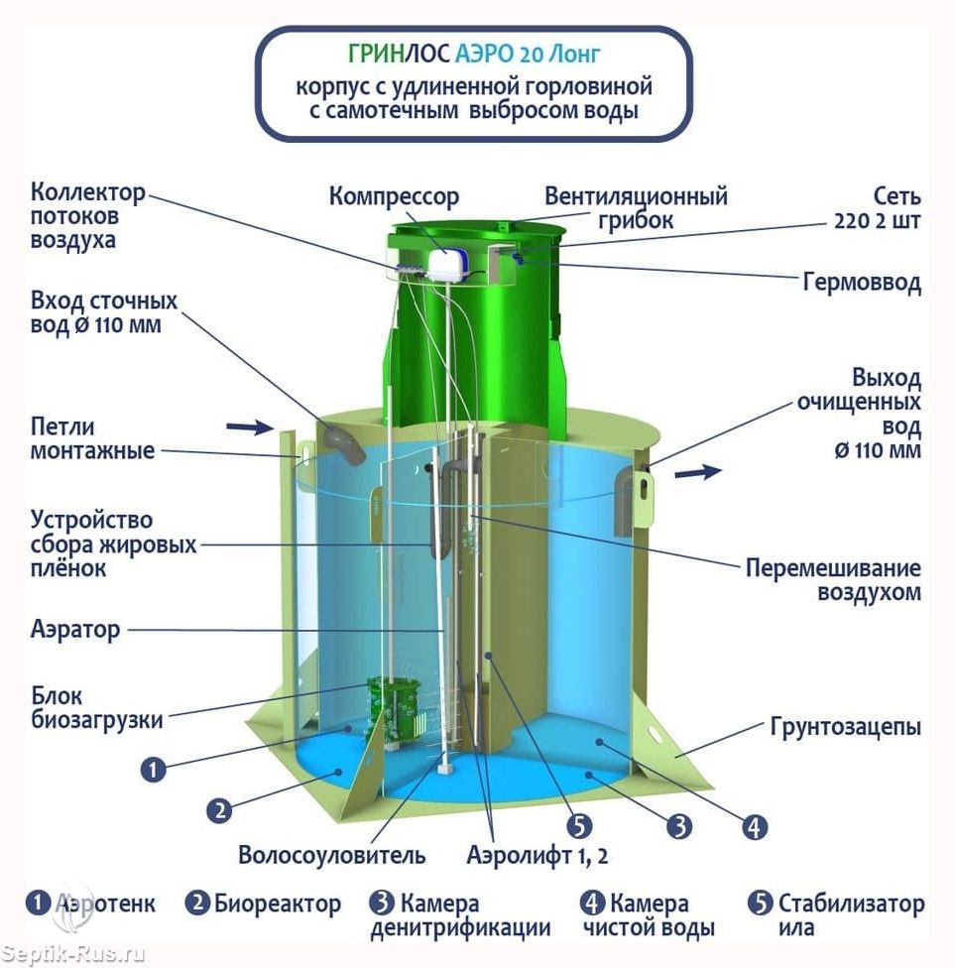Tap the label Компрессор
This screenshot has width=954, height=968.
tap(394, 197)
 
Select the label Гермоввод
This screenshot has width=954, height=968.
tap(862, 282)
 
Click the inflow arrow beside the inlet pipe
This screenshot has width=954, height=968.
tap(250, 426)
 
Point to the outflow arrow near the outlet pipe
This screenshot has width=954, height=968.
tap(698, 472)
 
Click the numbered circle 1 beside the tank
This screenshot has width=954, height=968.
tap(153, 770)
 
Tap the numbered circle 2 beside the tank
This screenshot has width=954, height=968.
tap(219, 810)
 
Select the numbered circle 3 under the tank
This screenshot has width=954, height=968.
tap(679, 826)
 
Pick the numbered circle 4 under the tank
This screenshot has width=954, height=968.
tap(754, 827)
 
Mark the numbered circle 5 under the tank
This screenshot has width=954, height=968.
tap(579, 826)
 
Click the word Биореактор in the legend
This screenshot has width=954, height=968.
tap(278, 904)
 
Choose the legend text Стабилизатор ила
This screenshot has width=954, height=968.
tap(851, 915)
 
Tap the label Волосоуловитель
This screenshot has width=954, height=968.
tap(332, 855)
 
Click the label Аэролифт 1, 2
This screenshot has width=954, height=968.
tap(537, 856)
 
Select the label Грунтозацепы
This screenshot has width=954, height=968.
tap(845, 727)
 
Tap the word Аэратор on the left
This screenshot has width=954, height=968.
tap(75, 630)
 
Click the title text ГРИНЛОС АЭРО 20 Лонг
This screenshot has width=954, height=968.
tap(474, 54)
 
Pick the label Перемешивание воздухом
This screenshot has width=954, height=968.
tap(833, 579)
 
